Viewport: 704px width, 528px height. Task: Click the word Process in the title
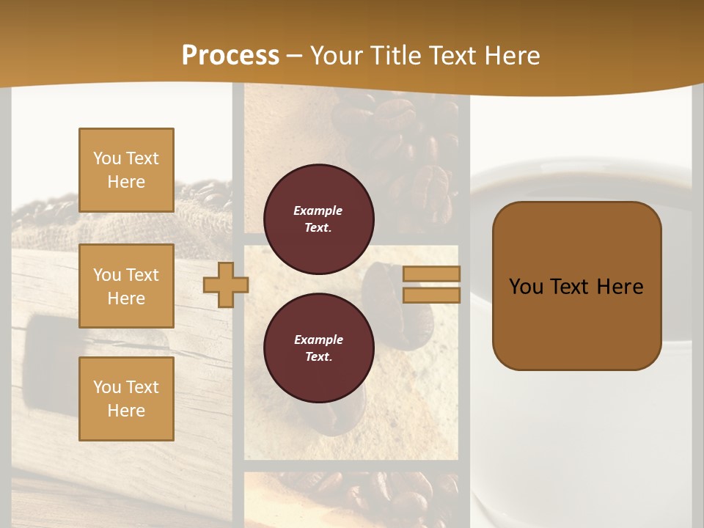pyautogui.click(x=230, y=55)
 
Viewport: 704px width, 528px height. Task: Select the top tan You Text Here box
pyautogui.click(x=126, y=170)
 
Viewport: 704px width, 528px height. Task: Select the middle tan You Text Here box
pyautogui.click(x=126, y=286)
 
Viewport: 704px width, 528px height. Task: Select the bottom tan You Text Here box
pyautogui.click(x=126, y=398)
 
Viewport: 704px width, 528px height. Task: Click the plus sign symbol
pyautogui.click(x=225, y=285)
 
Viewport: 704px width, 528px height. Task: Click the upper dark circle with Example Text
pyautogui.click(x=318, y=219)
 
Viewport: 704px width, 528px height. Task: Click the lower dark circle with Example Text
pyautogui.click(x=318, y=348)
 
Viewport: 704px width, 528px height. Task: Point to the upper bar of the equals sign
pyautogui.click(x=431, y=274)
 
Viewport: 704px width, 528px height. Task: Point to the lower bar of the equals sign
pyautogui.click(x=431, y=295)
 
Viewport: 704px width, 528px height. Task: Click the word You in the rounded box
pyautogui.click(x=525, y=287)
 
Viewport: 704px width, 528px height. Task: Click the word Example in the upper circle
pyautogui.click(x=318, y=210)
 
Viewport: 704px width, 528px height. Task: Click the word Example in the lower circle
pyautogui.click(x=318, y=340)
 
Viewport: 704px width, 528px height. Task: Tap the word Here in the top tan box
pyautogui.click(x=126, y=182)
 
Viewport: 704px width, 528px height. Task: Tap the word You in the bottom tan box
pyautogui.click(x=107, y=386)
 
